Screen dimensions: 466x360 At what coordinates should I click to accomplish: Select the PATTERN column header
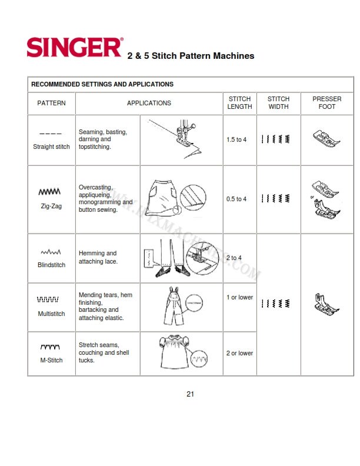click(x=51, y=103)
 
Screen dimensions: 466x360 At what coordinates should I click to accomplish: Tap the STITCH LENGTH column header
click(x=239, y=103)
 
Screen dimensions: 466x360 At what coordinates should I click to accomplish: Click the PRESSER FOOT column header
click(x=326, y=103)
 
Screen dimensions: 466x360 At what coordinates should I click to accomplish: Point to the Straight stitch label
click(x=51, y=147)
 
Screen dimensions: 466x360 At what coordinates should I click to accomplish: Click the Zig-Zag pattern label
click(x=51, y=207)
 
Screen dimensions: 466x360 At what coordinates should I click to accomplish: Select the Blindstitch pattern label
click(x=51, y=265)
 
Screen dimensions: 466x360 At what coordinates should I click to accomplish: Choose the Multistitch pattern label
click(x=51, y=314)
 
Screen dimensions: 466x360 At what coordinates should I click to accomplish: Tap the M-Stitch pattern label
click(x=51, y=360)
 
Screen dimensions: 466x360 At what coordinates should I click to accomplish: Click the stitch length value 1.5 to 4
click(x=236, y=140)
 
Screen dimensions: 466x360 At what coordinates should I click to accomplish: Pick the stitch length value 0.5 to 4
click(x=236, y=199)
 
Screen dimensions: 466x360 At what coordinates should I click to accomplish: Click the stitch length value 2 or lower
click(x=239, y=353)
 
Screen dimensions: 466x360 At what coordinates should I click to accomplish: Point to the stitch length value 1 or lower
click(x=239, y=297)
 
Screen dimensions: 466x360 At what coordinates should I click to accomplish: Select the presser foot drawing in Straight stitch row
click(x=326, y=139)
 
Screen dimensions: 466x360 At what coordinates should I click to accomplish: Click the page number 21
click(x=190, y=394)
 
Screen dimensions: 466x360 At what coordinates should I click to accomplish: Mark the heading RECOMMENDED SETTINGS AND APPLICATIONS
click(x=102, y=84)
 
